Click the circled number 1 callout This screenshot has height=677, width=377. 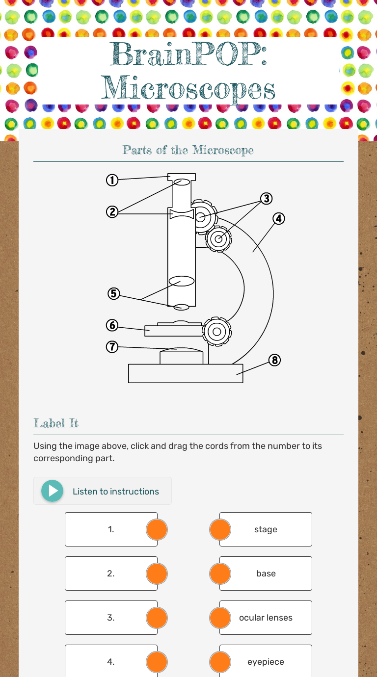coord(112,180)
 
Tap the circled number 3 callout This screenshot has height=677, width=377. coord(267,199)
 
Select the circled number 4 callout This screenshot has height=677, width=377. coord(279,218)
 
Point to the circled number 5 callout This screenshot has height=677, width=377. coord(114,293)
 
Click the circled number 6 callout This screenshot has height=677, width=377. coord(112,325)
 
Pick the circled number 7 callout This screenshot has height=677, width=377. coord(112,347)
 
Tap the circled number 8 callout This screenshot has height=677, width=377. coord(274,360)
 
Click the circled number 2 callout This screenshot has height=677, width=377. coord(112,212)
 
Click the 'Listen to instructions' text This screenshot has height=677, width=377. coord(116,492)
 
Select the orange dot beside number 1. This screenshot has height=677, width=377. coord(157,529)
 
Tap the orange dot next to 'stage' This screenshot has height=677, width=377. coord(220,529)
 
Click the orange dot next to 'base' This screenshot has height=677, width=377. coord(220,573)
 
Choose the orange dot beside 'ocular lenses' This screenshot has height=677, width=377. coord(220,618)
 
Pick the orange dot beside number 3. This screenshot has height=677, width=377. coord(157,618)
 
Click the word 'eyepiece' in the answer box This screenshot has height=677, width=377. coord(266,662)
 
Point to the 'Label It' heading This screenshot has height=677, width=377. coord(56,423)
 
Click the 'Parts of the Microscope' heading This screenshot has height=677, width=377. coord(188,150)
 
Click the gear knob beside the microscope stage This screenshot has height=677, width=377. coord(217,332)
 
